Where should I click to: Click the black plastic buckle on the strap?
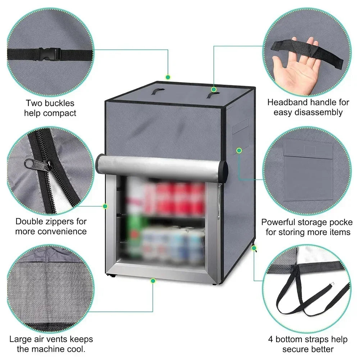[x=50, y=54]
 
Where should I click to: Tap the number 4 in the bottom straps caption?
[x=271, y=340]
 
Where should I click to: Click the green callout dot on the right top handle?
[x=214, y=89]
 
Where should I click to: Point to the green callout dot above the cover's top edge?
[x=168, y=77]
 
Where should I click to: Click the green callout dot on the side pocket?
[x=239, y=151]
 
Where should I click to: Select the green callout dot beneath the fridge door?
[x=153, y=281]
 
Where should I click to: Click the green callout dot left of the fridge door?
[x=105, y=206]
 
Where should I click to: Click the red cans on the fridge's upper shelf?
[x=174, y=199]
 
